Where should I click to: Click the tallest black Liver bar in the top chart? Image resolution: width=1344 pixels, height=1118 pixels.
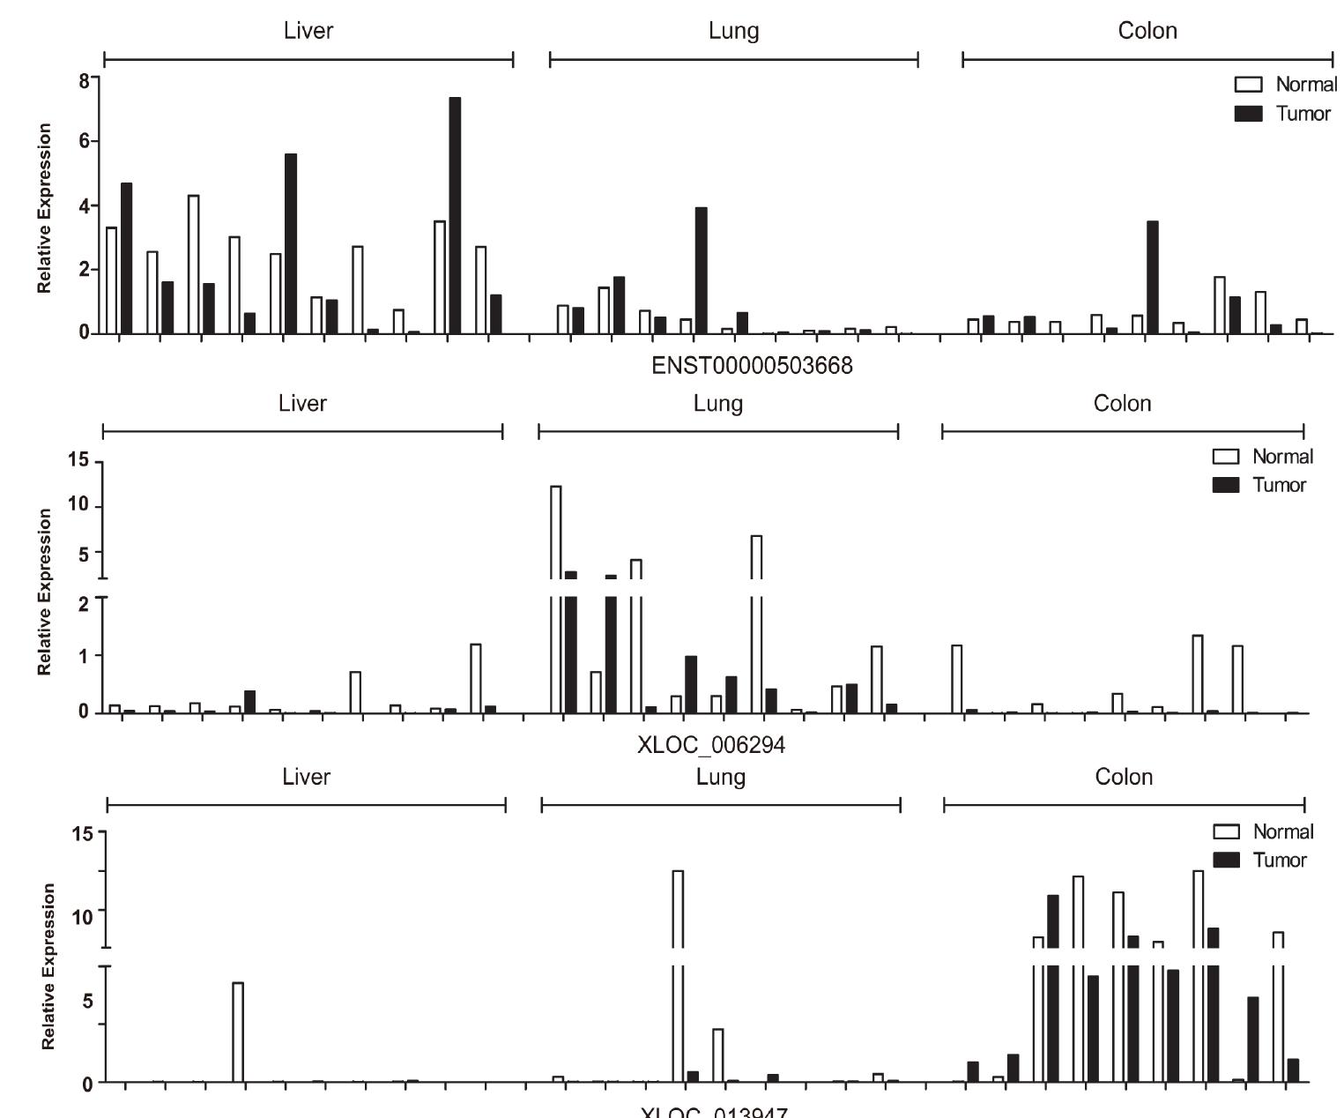pos(455,215)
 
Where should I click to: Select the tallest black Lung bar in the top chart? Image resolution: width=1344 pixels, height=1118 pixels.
pos(701,270)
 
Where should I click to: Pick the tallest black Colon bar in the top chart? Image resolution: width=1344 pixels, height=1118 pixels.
pos(1152,277)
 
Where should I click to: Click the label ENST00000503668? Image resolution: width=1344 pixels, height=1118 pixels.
pos(752,365)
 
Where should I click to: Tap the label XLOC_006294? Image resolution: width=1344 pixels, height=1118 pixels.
pos(711,746)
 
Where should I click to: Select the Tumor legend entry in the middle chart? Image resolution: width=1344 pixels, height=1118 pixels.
pos(1262,485)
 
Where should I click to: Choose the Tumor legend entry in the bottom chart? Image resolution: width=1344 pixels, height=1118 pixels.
pos(1262,860)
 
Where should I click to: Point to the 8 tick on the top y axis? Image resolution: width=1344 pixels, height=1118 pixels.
pos(85,80)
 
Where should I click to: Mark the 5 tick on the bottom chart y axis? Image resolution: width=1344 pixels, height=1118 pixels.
pos(86,1001)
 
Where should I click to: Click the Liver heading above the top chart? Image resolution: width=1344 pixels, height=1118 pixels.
pos(308,31)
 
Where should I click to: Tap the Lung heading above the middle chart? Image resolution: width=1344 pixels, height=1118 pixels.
pos(717,404)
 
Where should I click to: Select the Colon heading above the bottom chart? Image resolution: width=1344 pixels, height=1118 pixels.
pos(1124,777)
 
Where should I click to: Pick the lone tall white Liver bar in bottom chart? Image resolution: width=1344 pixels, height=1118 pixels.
pos(238,1032)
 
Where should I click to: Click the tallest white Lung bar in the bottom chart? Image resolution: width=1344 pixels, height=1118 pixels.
pos(678,970)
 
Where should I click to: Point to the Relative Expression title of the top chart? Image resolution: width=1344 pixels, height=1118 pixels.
pos(44,207)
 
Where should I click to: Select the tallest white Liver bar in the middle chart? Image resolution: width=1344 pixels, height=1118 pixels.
pos(476,678)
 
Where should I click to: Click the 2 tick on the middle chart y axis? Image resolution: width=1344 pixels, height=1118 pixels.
pos(83,603)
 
